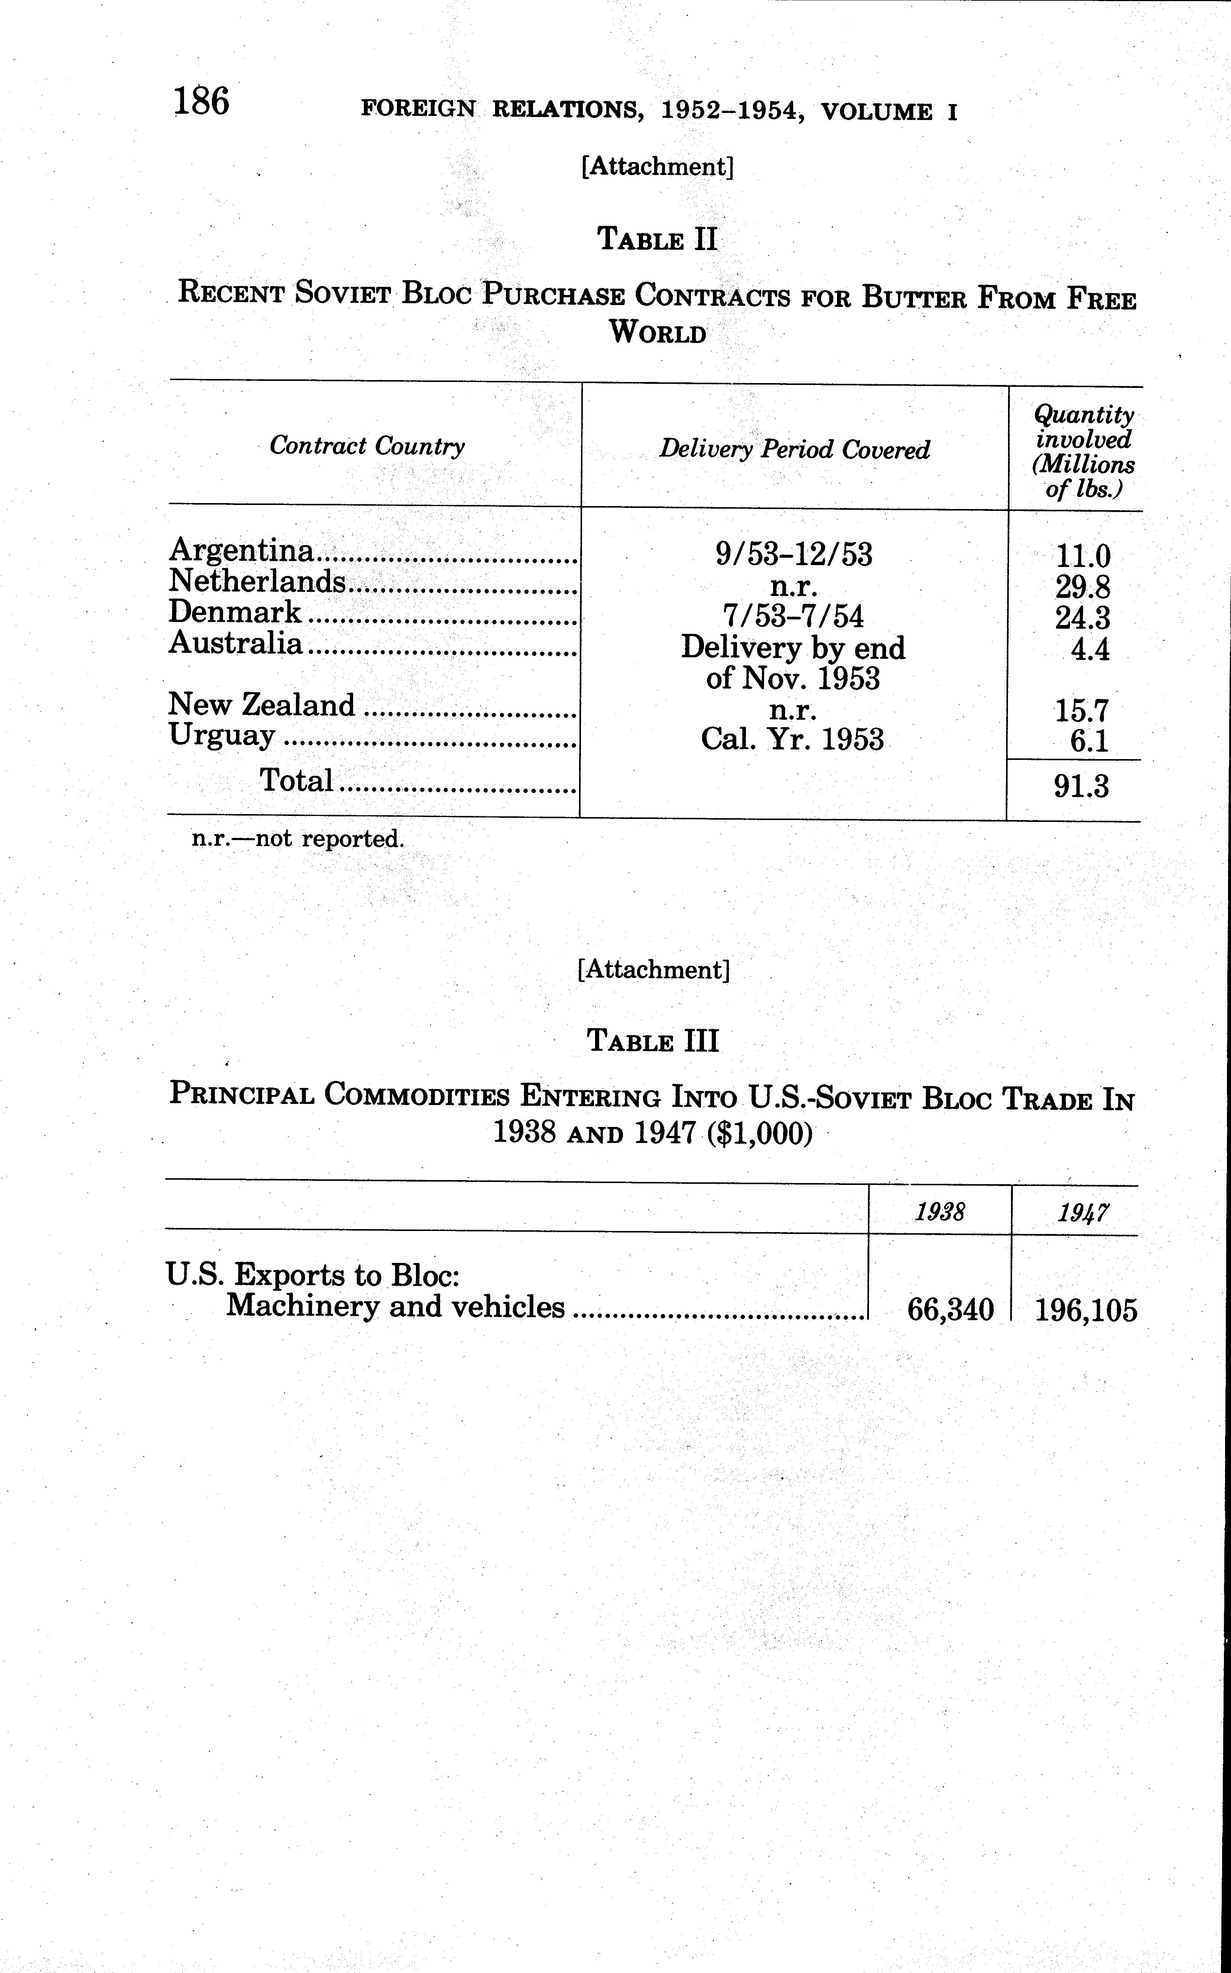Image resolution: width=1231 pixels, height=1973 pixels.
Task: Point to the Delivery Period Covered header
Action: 794,449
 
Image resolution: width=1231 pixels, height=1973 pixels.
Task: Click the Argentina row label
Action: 241,551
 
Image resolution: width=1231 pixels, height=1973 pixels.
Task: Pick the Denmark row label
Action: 235,612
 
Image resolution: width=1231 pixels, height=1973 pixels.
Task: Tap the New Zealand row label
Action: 261,705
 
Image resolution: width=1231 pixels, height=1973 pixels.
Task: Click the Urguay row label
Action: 222,735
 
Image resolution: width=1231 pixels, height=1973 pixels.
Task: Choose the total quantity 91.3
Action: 1081,786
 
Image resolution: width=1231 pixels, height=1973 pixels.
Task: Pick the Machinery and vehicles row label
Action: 395,1306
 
